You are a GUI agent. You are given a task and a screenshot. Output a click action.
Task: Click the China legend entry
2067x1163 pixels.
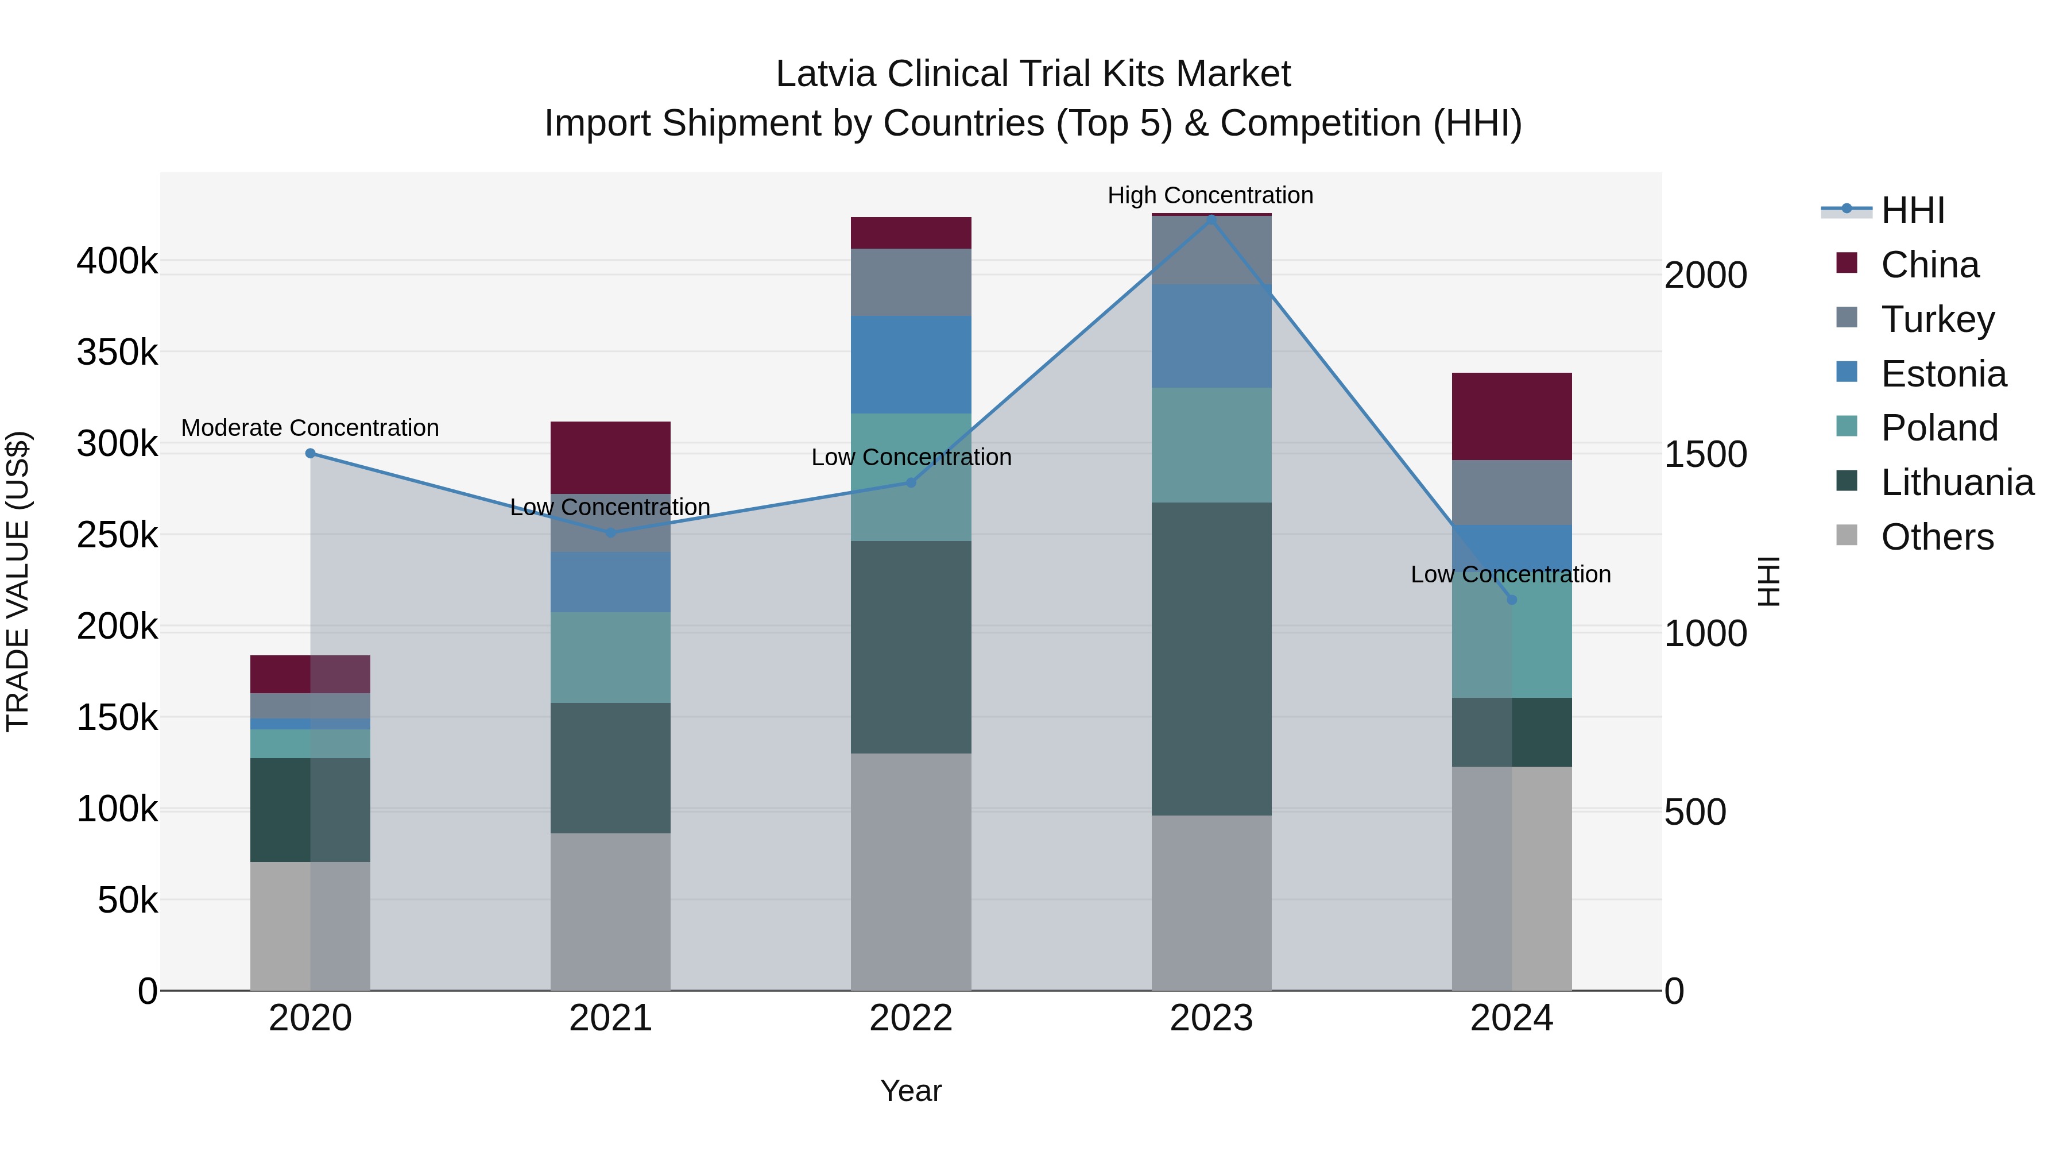(x=1929, y=265)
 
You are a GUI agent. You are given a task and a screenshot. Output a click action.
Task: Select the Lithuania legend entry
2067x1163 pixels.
(x=1956, y=482)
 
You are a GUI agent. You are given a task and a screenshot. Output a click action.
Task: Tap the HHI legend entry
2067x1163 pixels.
(x=1912, y=210)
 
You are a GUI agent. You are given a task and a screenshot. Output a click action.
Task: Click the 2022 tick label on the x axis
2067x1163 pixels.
(x=911, y=1018)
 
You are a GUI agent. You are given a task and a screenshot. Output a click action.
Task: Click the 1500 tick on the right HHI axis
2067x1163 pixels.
(x=1705, y=454)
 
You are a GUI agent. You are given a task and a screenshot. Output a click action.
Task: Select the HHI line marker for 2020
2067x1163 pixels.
(x=311, y=454)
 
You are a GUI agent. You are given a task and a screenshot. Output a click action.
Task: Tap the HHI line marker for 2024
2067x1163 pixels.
(x=1512, y=600)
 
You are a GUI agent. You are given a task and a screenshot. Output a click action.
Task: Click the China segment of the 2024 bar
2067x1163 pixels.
(x=1512, y=416)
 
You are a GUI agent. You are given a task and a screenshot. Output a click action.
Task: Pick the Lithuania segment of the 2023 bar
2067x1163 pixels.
(x=1211, y=658)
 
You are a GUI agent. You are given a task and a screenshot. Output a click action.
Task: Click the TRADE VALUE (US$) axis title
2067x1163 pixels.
(x=18, y=581)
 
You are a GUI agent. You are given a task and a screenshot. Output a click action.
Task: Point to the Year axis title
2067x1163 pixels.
(x=911, y=1091)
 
